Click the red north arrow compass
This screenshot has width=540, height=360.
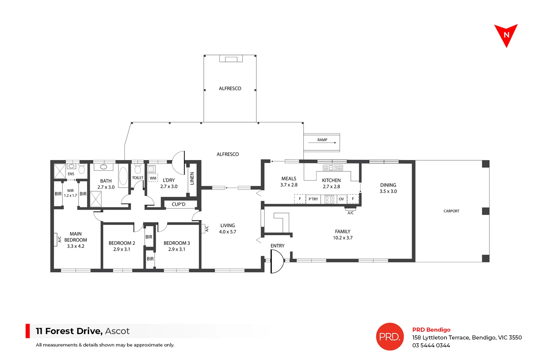click(x=506, y=35)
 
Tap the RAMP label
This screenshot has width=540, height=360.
click(x=322, y=140)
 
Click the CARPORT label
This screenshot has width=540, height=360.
click(x=451, y=211)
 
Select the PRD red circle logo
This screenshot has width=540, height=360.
click(x=390, y=336)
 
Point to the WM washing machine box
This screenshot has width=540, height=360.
click(x=153, y=178)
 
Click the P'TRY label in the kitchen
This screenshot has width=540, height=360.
click(x=313, y=199)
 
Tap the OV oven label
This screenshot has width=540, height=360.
click(x=341, y=199)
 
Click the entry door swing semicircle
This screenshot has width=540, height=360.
click(x=277, y=261)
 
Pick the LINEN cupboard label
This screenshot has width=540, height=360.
click(x=192, y=178)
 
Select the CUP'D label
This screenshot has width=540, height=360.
click(x=178, y=204)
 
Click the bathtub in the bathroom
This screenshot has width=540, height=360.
click(x=123, y=175)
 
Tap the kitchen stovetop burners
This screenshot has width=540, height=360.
click(x=329, y=199)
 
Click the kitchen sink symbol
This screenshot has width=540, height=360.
click(x=333, y=168)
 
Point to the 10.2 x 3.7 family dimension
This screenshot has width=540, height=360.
click(x=343, y=238)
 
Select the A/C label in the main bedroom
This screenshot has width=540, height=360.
click(x=59, y=239)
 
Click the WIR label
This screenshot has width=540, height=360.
click(x=70, y=191)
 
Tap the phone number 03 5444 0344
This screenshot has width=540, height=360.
click(x=431, y=345)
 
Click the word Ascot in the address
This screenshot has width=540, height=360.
click(x=117, y=331)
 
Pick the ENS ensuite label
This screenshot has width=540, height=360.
click(x=71, y=174)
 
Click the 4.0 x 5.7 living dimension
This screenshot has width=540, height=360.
click(x=227, y=232)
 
